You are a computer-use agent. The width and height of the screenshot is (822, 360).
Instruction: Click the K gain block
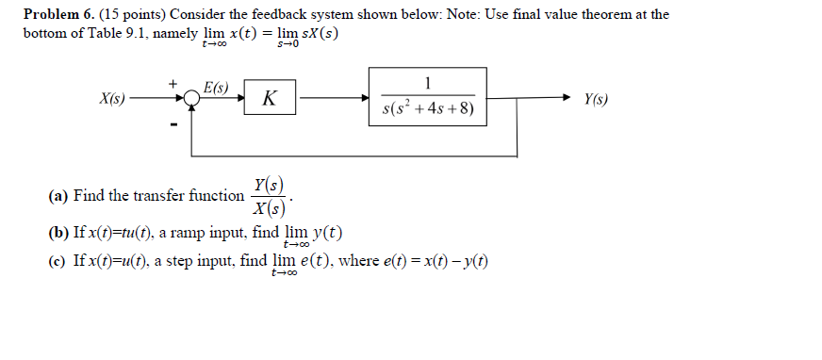(271, 98)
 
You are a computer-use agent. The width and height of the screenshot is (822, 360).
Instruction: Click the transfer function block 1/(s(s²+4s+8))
(428, 97)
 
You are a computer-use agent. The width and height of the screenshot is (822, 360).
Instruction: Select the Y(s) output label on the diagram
(596, 98)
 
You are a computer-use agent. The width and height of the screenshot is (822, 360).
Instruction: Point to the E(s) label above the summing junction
(216, 88)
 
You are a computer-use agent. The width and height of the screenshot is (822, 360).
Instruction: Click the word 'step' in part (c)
(184, 261)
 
